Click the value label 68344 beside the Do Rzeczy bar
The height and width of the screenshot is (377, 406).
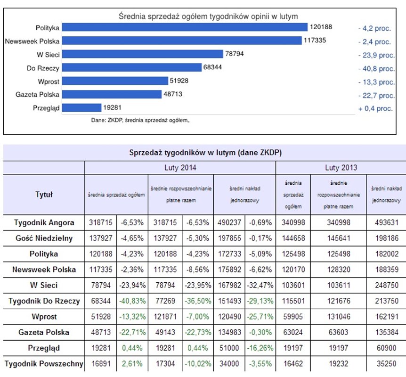212,68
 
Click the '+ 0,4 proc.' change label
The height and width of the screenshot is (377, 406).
375,108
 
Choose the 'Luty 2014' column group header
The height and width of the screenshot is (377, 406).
180,168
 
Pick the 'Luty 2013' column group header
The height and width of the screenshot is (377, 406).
341,168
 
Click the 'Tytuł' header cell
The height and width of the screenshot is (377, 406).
44,194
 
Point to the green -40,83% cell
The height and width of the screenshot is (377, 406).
132,301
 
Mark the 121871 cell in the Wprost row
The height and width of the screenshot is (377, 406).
164,317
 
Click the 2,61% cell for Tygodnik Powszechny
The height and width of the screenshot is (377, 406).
132,364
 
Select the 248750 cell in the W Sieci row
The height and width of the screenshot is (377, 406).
386,285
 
